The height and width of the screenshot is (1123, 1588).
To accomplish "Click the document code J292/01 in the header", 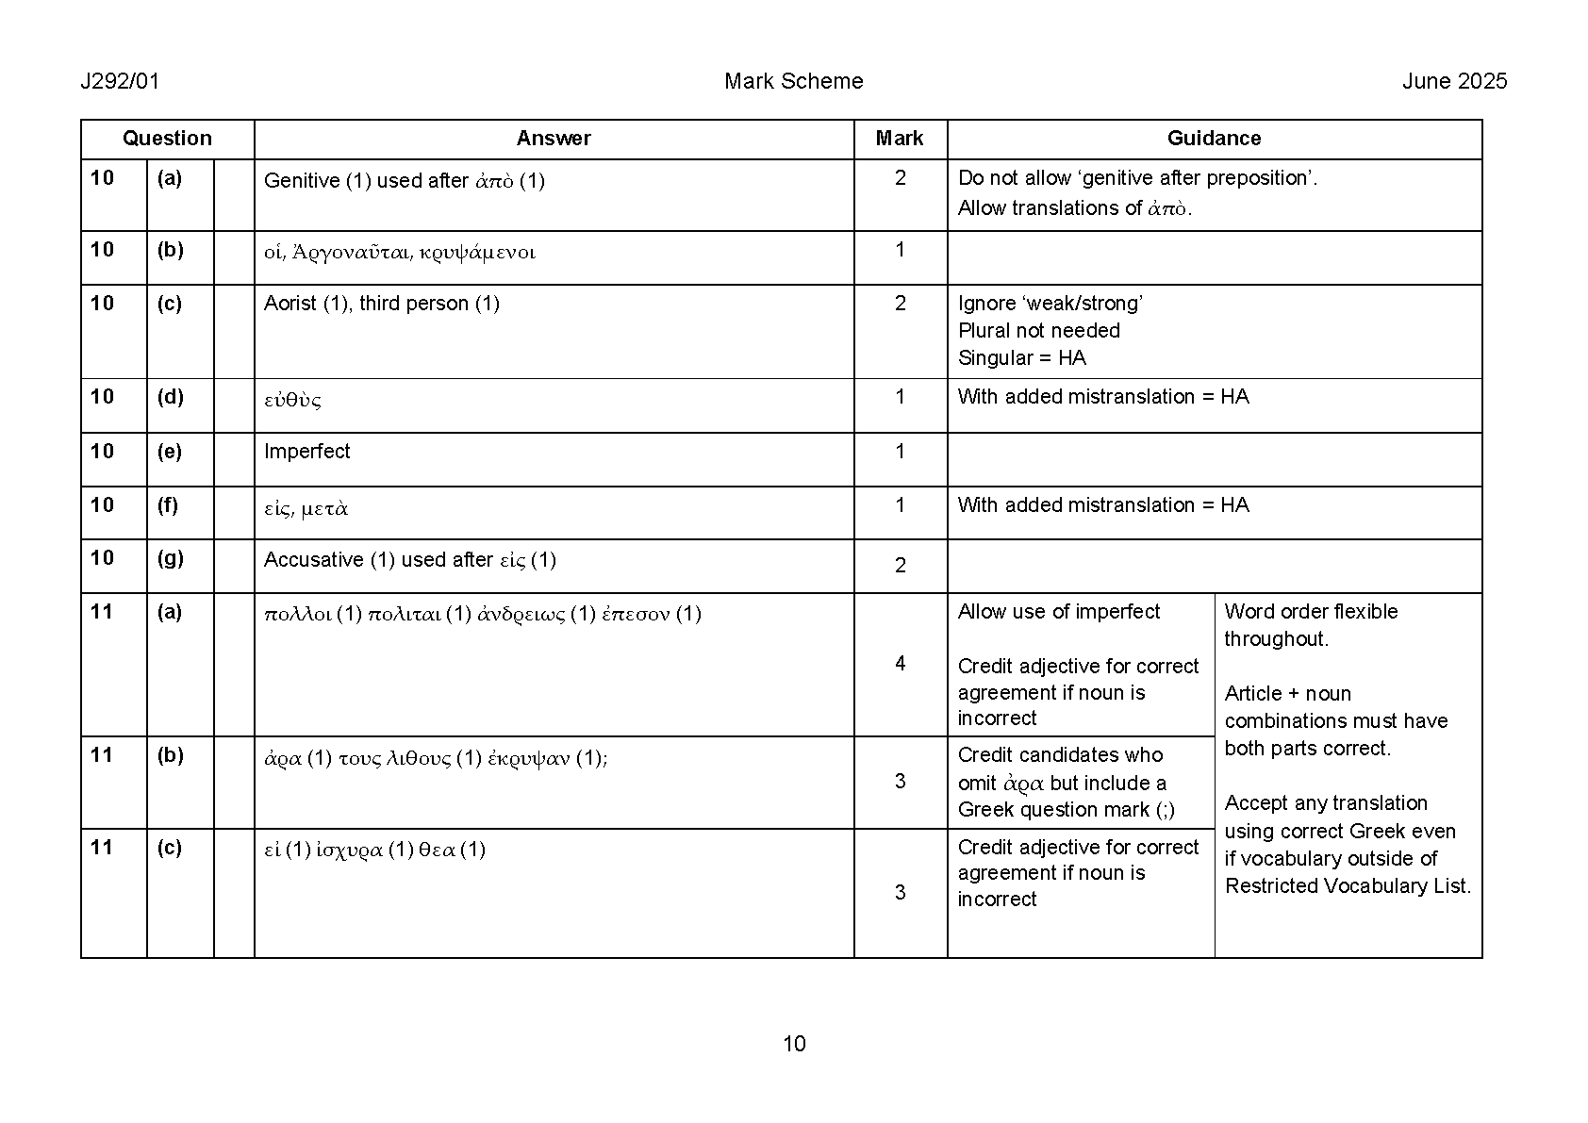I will (x=120, y=81).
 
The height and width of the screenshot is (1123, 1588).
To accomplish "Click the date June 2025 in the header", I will (x=1454, y=81).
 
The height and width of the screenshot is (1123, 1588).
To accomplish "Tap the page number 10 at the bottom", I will (x=794, y=1043).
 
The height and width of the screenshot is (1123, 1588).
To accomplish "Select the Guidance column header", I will (x=1214, y=139).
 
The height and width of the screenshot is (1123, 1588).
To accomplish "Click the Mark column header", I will (x=899, y=139).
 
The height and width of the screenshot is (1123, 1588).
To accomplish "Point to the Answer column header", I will (x=554, y=139).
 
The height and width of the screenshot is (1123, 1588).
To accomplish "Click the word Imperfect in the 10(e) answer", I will (x=306, y=452).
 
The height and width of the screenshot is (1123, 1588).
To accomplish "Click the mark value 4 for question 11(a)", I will (x=900, y=664).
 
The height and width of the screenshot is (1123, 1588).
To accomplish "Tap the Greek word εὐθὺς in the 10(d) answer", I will (x=292, y=400).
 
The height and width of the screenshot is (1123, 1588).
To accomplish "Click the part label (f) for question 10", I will (x=169, y=505).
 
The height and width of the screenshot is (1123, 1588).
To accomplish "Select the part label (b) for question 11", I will (x=170, y=755).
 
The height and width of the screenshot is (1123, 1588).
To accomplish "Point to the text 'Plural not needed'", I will (x=1038, y=331).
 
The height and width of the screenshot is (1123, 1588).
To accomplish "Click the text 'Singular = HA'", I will (x=1021, y=358).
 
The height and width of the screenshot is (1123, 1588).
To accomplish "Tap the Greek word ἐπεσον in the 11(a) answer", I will (x=636, y=615).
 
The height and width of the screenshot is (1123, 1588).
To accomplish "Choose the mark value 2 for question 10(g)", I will (x=900, y=565).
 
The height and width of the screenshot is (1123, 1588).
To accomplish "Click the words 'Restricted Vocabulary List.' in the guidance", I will (x=1348, y=886).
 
